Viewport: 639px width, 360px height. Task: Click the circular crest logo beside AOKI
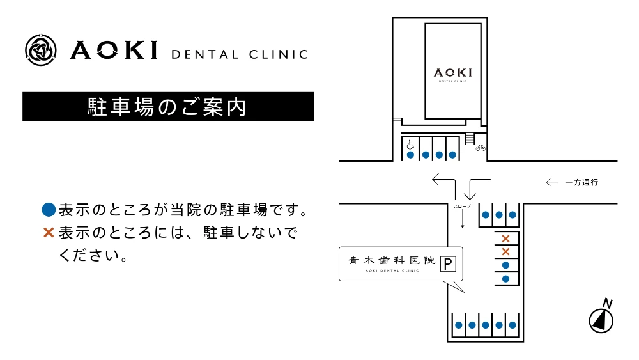pos(41,50)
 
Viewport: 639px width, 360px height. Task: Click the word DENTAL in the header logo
pos(204,54)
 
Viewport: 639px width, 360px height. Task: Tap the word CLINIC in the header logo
pos(279,54)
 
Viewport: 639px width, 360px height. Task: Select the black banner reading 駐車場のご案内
pos(168,107)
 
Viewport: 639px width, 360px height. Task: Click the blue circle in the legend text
pos(49,210)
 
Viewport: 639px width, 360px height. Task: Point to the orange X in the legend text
pos(49,233)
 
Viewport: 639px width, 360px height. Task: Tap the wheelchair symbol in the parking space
pos(410,145)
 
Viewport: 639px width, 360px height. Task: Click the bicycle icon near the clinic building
pos(481,148)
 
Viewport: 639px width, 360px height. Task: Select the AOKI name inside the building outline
pos(453,73)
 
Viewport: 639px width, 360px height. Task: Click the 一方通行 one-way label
pos(581,182)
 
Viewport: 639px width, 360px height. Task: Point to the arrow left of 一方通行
pos(552,182)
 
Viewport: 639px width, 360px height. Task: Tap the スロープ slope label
pos(462,207)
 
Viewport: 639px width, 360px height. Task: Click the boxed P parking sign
pos(448,264)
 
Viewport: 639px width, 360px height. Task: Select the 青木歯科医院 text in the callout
pos(392,260)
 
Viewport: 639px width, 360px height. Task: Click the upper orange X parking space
pos(505,239)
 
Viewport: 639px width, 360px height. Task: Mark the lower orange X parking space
pos(505,251)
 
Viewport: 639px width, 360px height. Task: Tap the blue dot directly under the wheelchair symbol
pos(410,155)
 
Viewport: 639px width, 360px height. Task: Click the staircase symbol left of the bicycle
pos(470,138)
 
